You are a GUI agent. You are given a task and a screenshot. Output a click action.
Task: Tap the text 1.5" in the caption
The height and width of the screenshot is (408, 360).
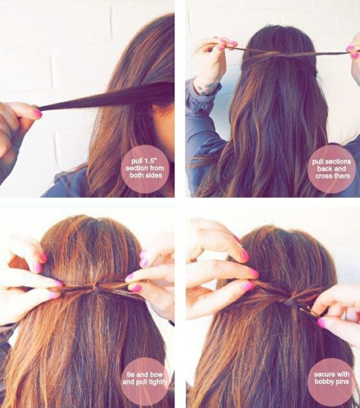pyautogui.click(x=150, y=161)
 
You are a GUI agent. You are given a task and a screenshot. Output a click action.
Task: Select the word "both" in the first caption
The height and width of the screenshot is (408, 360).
pyautogui.click(x=137, y=175)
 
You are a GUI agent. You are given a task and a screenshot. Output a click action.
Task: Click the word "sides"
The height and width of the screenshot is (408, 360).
pyautogui.click(x=153, y=175)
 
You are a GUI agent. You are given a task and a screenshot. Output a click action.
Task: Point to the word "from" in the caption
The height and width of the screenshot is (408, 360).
pyautogui.click(x=156, y=168)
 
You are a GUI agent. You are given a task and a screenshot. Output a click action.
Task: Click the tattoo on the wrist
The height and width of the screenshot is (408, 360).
pyautogui.click(x=205, y=87)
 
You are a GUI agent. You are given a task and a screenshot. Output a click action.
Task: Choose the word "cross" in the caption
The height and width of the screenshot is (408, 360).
pyautogui.click(x=324, y=176)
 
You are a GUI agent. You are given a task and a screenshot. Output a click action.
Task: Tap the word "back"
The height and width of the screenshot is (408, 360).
pyautogui.click(x=324, y=169)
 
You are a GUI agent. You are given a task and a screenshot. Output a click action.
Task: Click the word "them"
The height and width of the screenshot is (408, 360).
pyautogui.click(x=342, y=176)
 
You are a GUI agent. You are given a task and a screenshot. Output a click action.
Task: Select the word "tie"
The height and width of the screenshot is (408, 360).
pyautogui.click(x=131, y=375)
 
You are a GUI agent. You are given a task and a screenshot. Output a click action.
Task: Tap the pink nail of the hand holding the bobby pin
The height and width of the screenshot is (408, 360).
pyautogui.click(x=322, y=322)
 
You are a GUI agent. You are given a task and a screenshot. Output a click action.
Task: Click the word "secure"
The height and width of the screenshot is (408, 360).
pyautogui.click(x=322, y=374)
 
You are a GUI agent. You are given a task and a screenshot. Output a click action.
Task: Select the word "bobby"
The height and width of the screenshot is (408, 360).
pyautogui.click(x=323, y=382)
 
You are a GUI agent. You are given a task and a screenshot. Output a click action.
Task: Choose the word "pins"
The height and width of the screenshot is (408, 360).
pyautogui.click(x=341, y=382)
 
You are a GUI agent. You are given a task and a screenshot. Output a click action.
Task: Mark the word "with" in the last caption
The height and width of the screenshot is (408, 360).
pyautogui.click(x=341, y=374)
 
